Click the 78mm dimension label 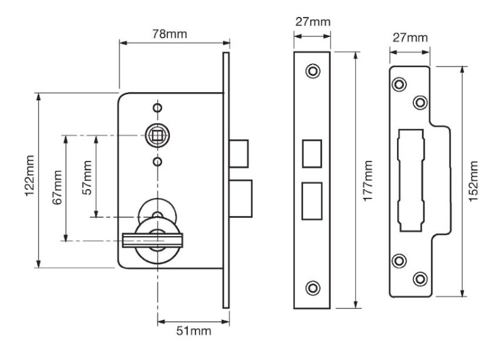pos(169,34)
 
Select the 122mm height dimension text pos(29,176)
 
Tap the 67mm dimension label pos(58,187)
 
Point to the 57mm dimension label pos(87,178)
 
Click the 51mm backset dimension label pos(194,331)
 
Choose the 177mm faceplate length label pos(368,181)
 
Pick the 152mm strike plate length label pos(473,181)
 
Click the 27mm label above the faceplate pos(312,22)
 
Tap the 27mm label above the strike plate pos(410,38)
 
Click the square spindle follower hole pos(157,135)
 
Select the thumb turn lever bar pos(152,240)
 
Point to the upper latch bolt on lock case pos(239,153)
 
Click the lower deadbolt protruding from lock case pos(240,198)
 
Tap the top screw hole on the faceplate pos(312,71)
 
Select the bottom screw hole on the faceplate pos(312,288)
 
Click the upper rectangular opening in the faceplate pos(312,153)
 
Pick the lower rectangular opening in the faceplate pos(312,201)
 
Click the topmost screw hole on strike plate pos(399,85)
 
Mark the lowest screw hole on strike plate pos(420,279)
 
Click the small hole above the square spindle pos(157,108)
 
